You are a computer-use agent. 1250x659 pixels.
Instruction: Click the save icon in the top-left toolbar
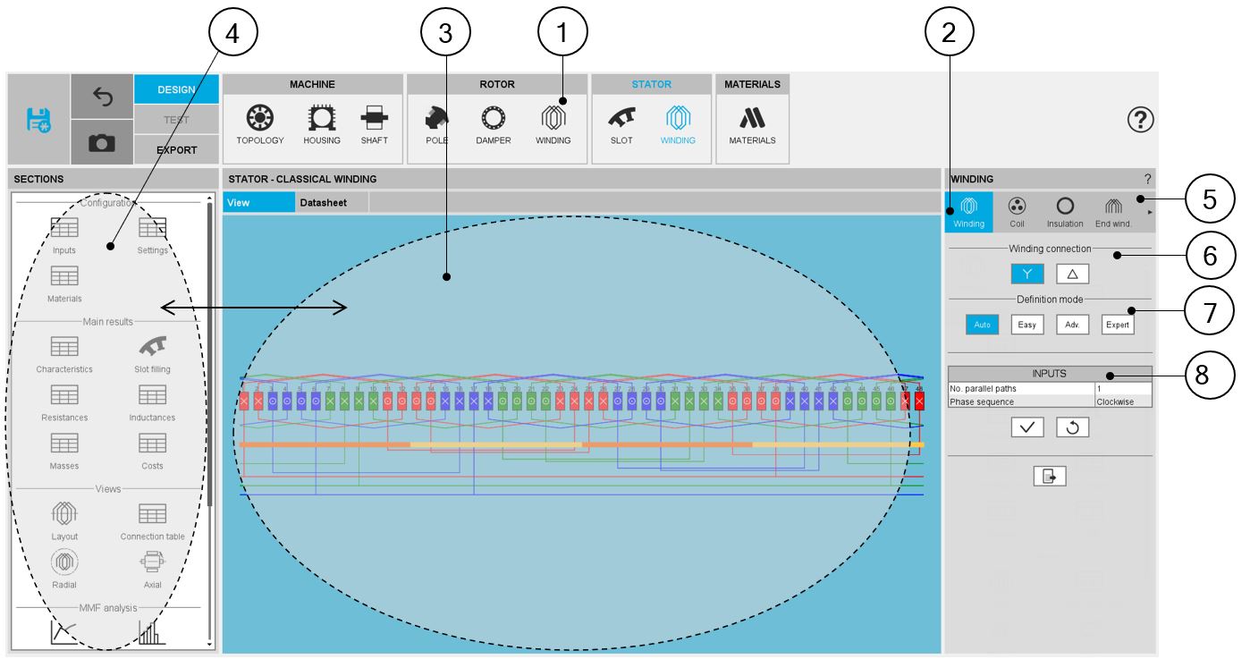coord(38,119)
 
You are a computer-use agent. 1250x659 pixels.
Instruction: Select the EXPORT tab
coord(176,149)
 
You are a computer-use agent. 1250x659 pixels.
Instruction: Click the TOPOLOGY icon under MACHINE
coord(259,124)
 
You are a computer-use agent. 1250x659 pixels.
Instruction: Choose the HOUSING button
coord(322,124)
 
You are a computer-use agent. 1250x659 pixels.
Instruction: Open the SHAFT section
coord(374,124)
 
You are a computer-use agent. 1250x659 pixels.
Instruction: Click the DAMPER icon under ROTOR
coord(493,124)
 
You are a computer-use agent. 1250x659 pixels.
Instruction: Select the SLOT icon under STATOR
coord(621,124)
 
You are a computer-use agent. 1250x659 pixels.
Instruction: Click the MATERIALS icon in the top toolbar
coord(751,124)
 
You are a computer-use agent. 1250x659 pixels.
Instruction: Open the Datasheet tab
coord(323,203)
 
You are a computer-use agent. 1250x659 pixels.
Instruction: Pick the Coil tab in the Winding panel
coord(1016,211)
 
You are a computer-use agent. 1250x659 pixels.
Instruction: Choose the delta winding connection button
coord(1071,274)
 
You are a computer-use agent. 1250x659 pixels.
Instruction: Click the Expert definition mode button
coord(1117,325)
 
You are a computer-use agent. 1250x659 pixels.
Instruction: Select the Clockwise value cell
coord(1123,401)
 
